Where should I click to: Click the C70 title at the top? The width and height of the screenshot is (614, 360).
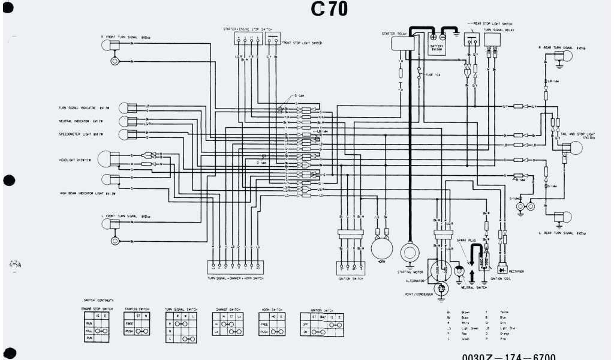[x=329, y=10]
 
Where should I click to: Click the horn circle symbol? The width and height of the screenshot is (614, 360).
[x=380, y=247]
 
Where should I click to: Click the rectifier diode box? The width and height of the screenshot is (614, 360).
[x=500, y=258]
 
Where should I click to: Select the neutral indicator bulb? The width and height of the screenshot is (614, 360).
[x=124, y=122]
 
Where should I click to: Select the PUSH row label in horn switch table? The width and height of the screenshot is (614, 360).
[x=264, y=330]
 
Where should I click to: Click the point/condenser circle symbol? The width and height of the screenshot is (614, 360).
[x=443, y=289]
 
